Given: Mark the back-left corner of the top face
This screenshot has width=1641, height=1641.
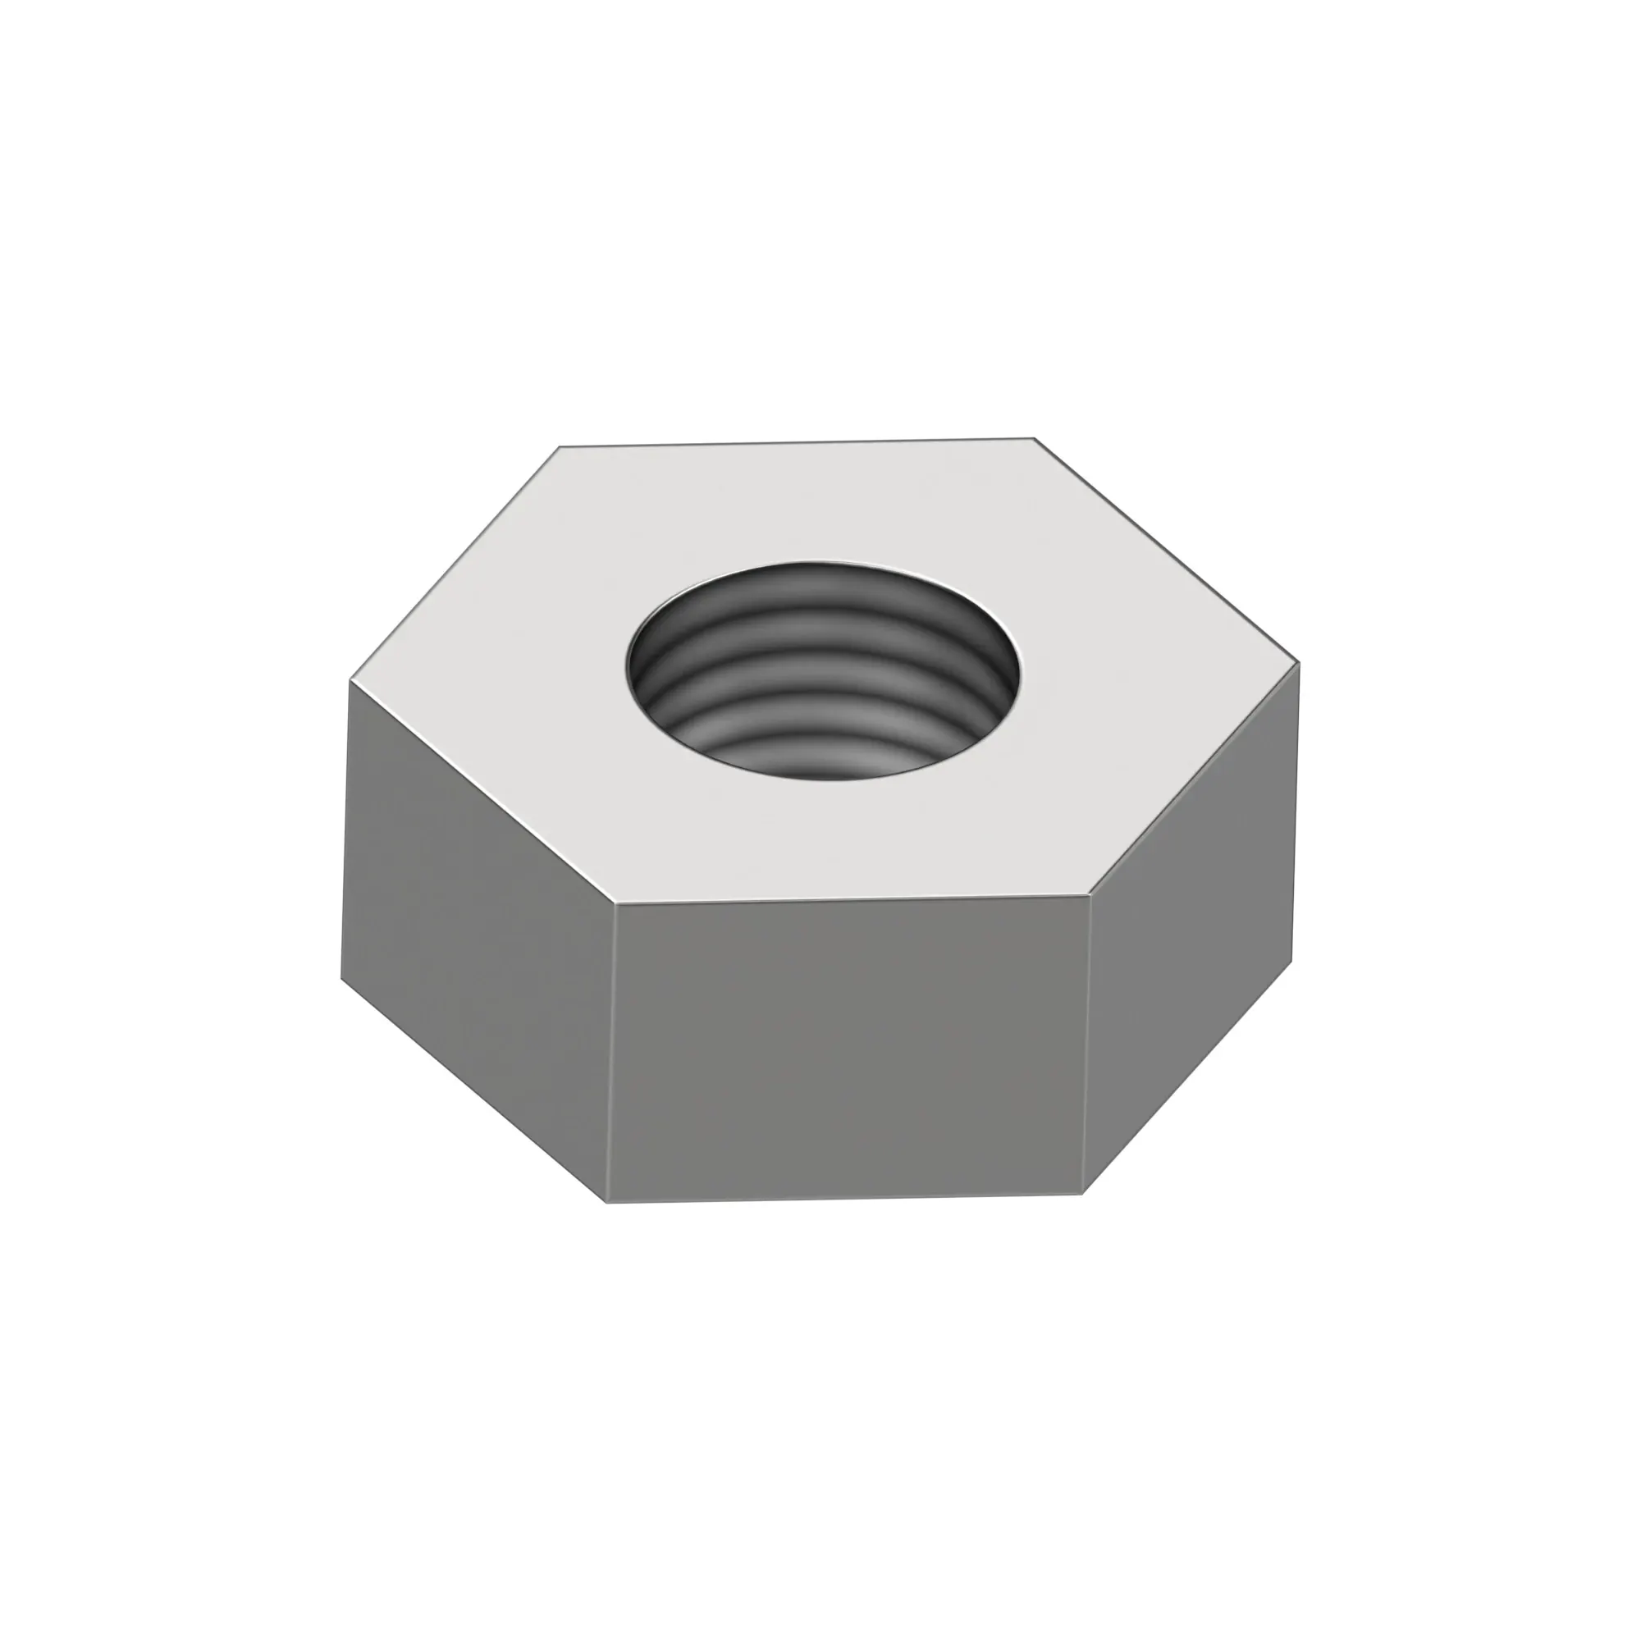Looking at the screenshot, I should pos(560,447).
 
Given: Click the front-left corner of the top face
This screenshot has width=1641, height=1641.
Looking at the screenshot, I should pos(614,903).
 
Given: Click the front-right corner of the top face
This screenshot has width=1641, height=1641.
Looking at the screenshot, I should pos(1089,894).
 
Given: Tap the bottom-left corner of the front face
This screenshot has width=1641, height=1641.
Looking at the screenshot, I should pos(607,1202).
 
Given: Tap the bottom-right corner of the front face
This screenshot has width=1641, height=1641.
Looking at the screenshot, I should pos(1083,1193).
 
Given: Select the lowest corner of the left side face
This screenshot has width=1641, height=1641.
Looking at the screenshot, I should pos(341,979).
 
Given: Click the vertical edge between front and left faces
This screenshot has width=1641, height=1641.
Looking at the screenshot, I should pos(610,1054).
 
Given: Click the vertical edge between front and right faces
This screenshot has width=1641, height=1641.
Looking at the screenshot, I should pos(1086,1044).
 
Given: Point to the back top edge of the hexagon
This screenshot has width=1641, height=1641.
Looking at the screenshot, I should pos(797,442).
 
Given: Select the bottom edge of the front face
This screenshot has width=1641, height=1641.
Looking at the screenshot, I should pos(845,1198).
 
